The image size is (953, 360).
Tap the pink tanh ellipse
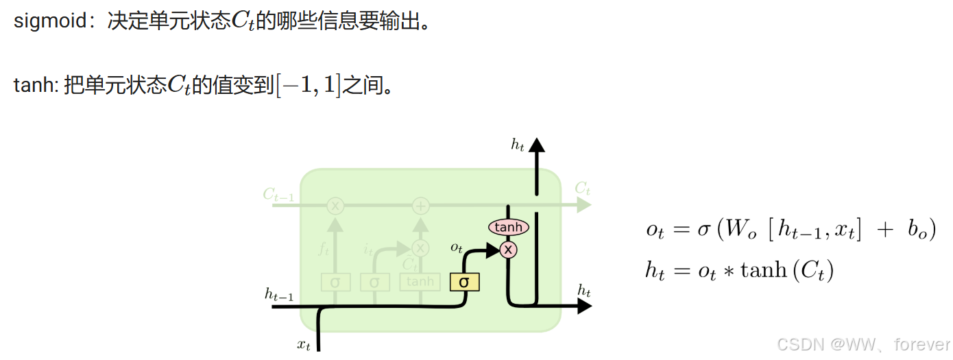[508, 227]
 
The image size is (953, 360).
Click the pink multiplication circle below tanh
[508, 250]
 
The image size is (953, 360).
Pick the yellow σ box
[464, 281]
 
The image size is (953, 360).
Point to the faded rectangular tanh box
[420, 281]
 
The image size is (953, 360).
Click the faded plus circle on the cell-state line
[420, 205]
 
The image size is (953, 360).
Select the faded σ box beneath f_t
[335, 281]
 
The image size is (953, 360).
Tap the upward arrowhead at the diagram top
[536, 145]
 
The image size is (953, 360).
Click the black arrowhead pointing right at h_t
[583, 306]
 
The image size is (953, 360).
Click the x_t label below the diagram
[304, 344]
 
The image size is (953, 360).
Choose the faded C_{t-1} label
[278, 195]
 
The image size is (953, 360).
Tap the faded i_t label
[368, 249]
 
